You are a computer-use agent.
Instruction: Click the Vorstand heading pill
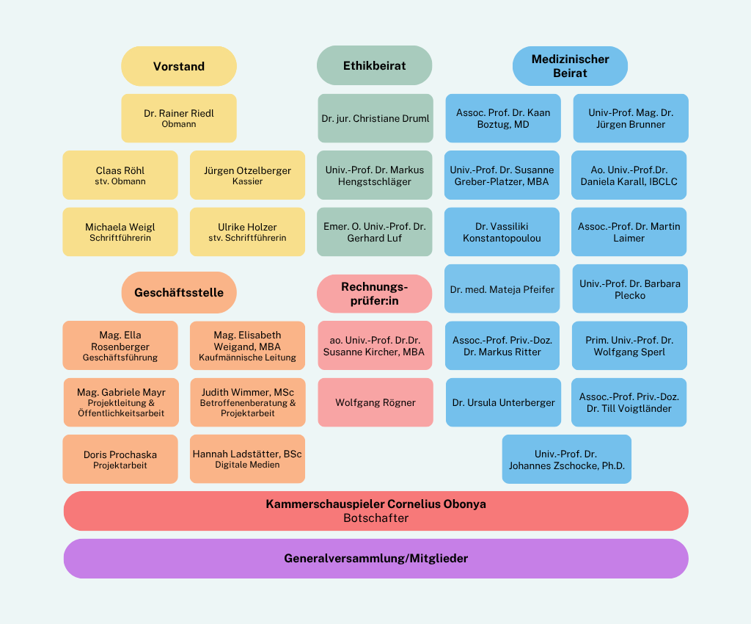[x=179, y=66]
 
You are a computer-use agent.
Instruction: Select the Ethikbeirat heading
[x=375, y=65]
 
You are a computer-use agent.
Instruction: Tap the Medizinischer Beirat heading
[x=570, y=66]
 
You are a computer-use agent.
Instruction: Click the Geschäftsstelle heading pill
[x=179, y=292]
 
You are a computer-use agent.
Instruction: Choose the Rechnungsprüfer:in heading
[x=375, y=294]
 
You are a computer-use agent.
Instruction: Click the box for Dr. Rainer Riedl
[x=179, y=118]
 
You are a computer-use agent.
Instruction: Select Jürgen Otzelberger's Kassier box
[x=247, y=175]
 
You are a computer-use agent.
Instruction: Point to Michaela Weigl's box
[x=120, y=232]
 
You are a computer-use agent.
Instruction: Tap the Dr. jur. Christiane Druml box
[x=375, y=118]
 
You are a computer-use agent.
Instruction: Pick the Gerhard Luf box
[x=375, y=232]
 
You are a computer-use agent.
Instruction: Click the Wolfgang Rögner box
[x=375, y=402]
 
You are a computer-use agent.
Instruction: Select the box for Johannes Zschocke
[x=567, y=459]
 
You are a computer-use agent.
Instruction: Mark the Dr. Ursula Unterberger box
[x=503, y=402]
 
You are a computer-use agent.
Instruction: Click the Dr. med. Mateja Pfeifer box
[x=502, y=289]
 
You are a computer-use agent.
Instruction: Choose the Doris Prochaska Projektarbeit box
[x=120, y=459]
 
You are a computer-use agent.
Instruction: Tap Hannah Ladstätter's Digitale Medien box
[x=247, y=459]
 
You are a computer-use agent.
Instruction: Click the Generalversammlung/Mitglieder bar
[x=376, y=559]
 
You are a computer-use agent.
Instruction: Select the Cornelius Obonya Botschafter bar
[x=376, y=511]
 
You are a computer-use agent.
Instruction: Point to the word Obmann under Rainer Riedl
[x=179, y=124]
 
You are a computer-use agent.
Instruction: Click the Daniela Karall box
[x=629, y=175]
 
